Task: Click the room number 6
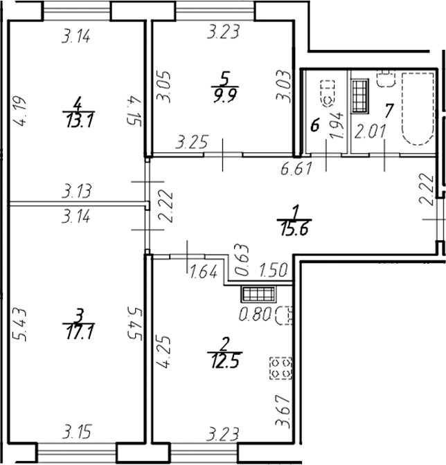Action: [x=314, y=126]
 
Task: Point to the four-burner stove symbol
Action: [x=281, y=369]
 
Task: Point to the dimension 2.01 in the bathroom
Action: [x=368, y=129]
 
